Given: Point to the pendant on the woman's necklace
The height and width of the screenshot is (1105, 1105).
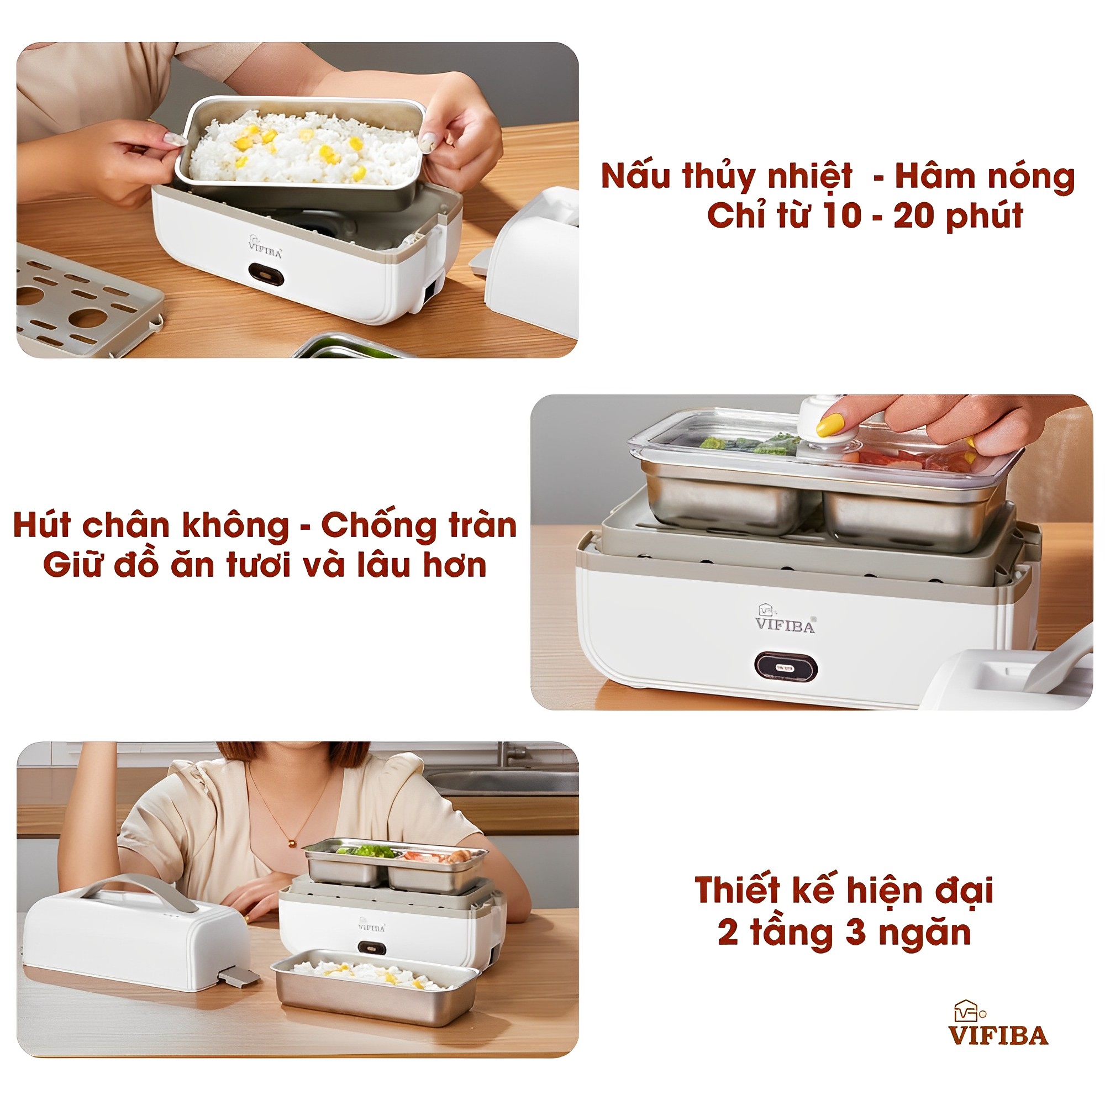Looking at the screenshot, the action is coord(292,843).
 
